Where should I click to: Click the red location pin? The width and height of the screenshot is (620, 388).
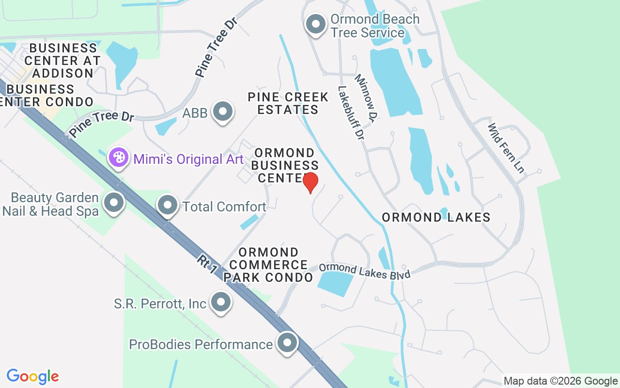click(310, 182)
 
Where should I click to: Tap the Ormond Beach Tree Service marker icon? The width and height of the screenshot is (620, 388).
click(316, 24)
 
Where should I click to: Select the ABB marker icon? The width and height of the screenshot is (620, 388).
click(223, 112)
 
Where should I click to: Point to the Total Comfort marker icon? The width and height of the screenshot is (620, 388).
click(167, 206)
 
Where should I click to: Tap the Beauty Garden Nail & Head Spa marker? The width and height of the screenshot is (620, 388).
click(114, 204)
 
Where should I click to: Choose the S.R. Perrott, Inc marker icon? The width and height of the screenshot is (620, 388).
click(221, 302)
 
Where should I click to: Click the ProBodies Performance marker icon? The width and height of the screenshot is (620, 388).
click(287, 342)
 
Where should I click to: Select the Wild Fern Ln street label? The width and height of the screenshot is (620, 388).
click(506, 148)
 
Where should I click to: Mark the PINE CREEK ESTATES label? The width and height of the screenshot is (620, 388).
click(288, 103)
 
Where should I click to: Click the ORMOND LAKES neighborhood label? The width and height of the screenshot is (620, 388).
click(436, 217)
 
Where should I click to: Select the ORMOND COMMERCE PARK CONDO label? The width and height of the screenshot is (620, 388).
click(268, 265)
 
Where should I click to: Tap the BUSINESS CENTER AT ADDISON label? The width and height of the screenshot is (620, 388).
click(62, 61)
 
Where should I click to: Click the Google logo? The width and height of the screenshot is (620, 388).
click(33, 376)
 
